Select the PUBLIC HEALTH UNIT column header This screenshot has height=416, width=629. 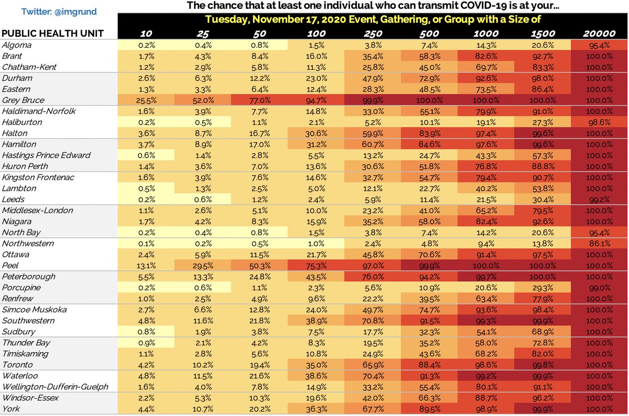(x=52, y=34)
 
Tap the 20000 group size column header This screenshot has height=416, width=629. (x=599, y=34)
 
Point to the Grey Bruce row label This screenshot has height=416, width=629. (x=23, y=100)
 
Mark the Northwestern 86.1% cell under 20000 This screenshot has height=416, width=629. (x=599, y=244)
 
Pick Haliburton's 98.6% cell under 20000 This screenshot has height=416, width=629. (x=599, y=122)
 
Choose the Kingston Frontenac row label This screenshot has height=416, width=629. (x=38, y=177)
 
